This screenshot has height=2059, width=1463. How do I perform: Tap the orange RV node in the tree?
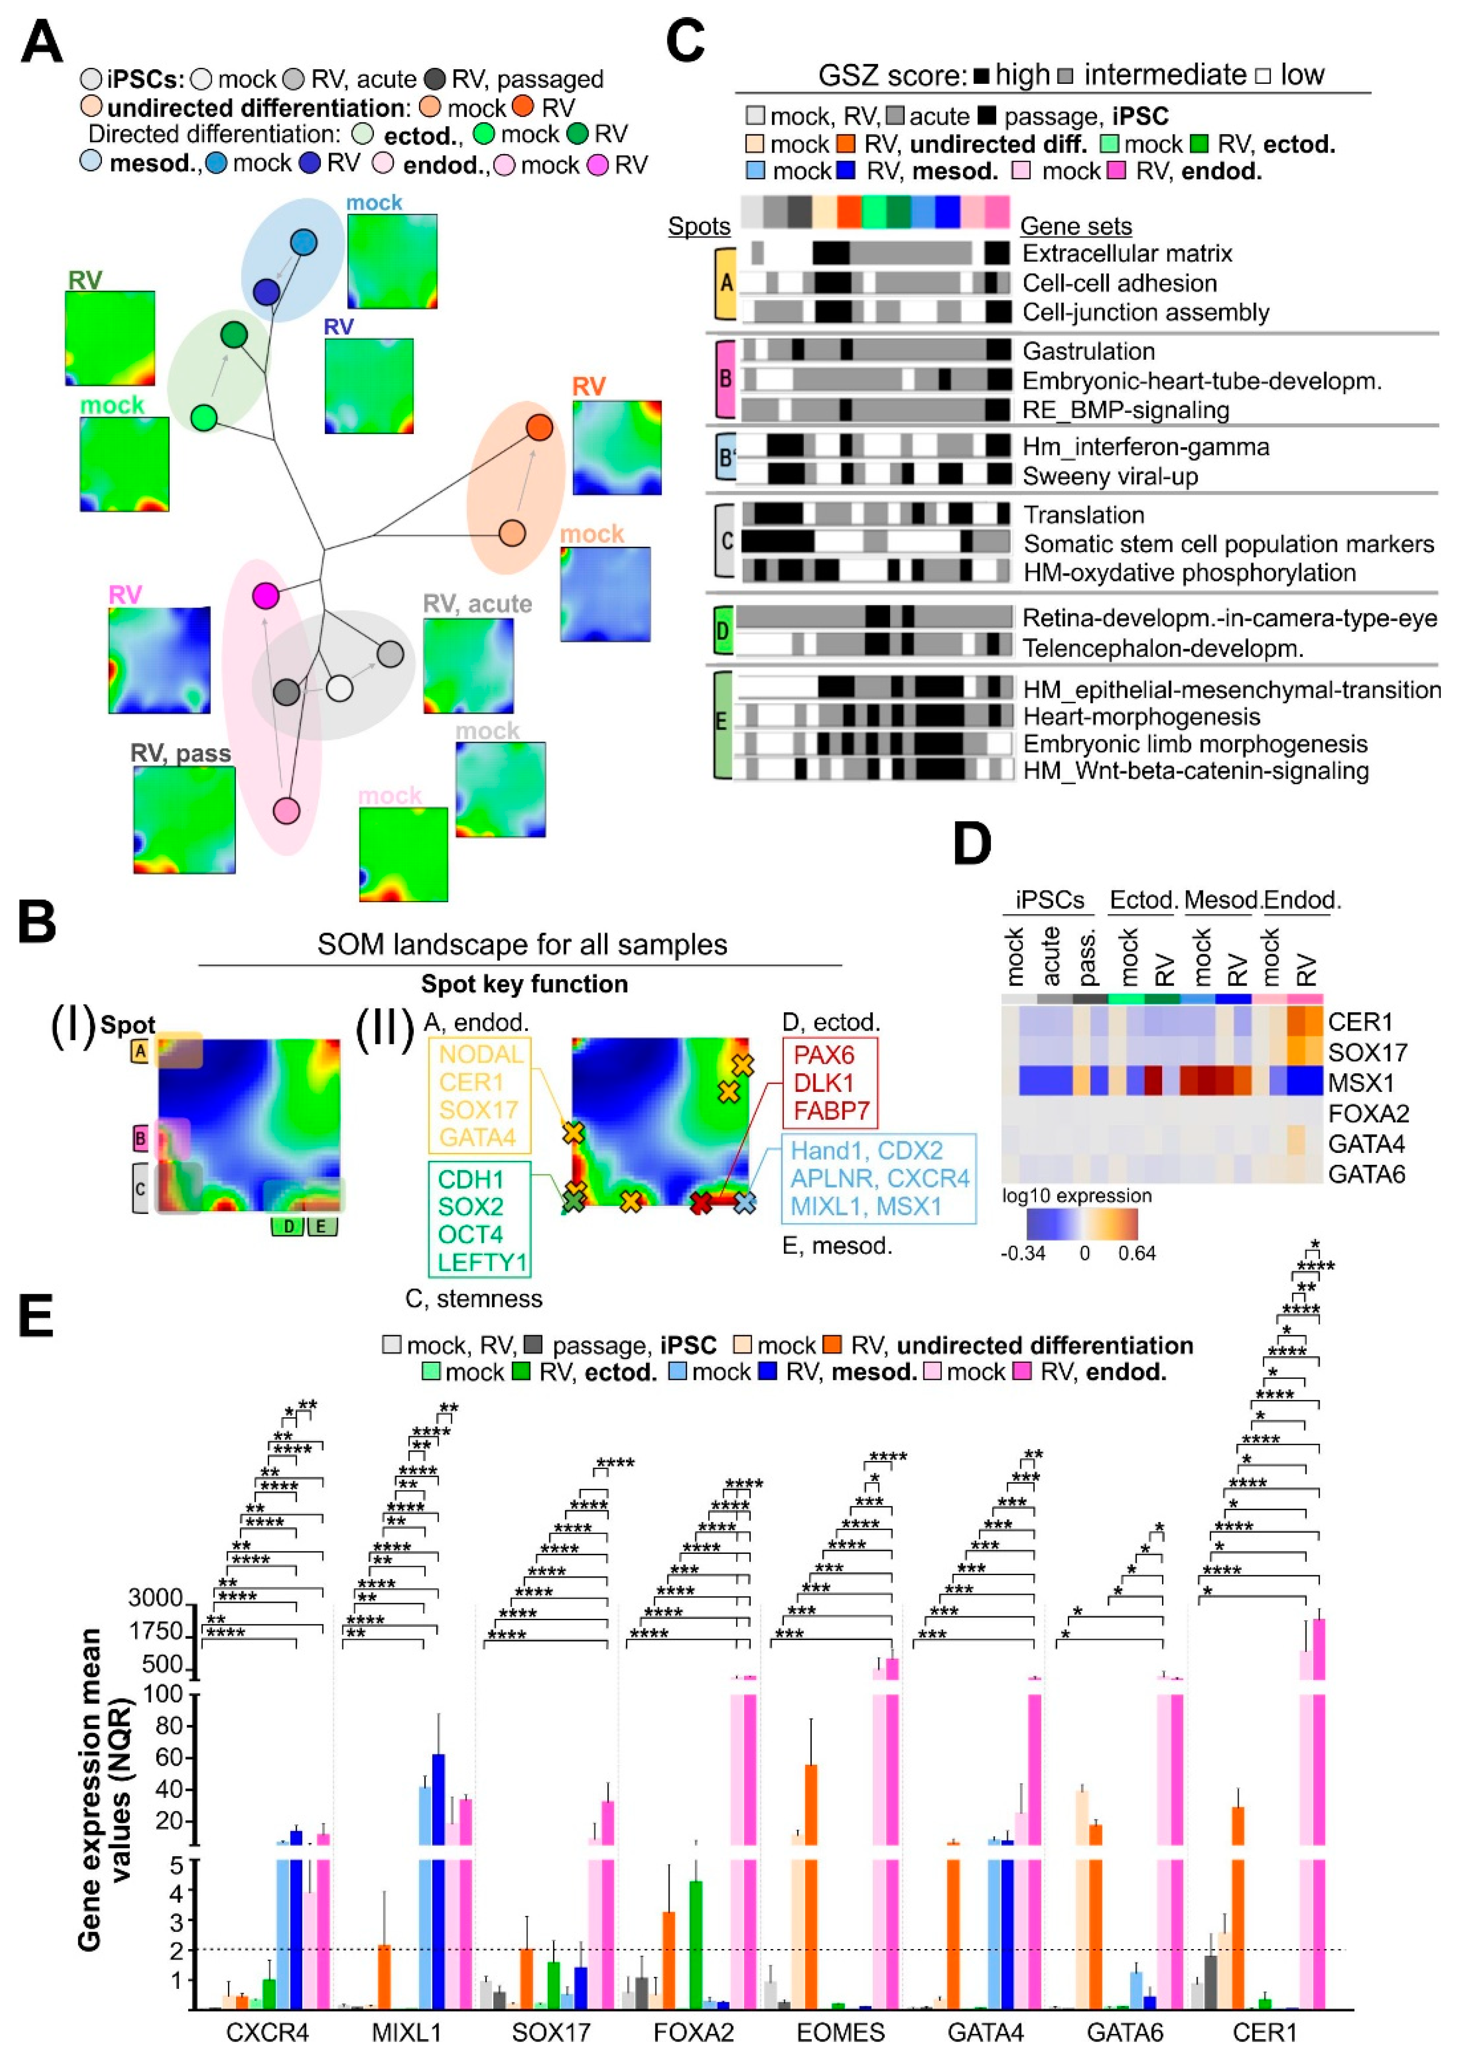pyautogui.click(x=539, y=427)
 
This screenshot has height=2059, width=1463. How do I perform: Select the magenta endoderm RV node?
pyautogui.click(x=265, y=595)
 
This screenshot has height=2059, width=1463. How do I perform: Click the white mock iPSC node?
pyautogui.click(x=339, y=688)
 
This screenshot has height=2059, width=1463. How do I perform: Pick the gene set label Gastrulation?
pyautogui.click(x=1088, y=351)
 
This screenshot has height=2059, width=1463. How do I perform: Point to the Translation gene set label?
pyautogui.click(x=1084, y=515)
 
